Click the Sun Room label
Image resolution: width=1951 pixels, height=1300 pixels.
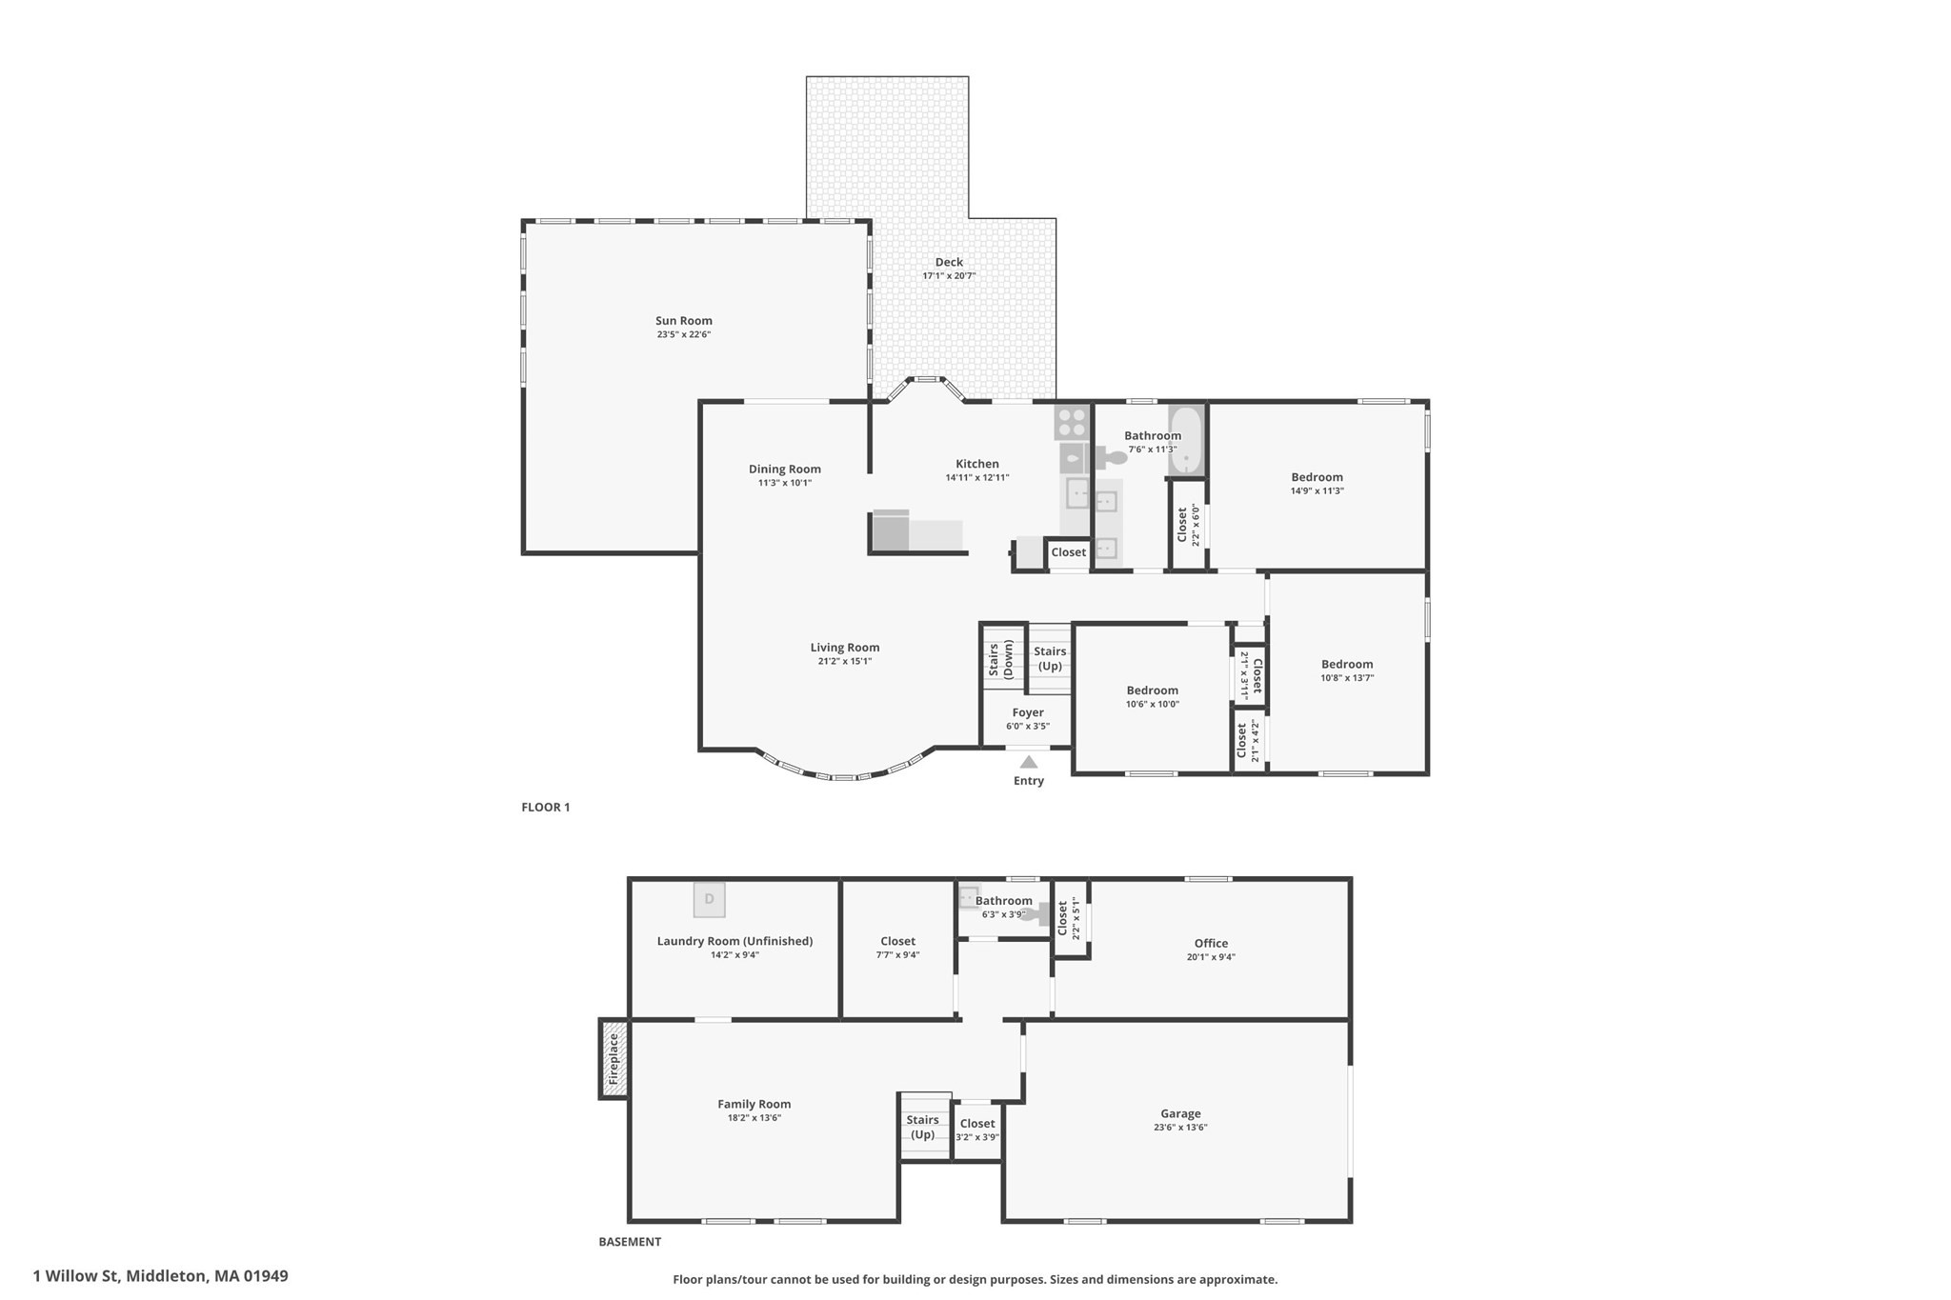(x=683, y=321)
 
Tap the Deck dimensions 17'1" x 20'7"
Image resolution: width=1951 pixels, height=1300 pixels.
(x=949, y=276)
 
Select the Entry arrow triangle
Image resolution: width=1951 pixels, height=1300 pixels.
(x=1029, y=762)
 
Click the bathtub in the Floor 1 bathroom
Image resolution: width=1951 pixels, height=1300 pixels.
(x=1186, y=440)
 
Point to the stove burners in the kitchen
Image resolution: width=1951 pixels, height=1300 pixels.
(x=1072, y=422)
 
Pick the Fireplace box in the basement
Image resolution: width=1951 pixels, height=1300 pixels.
(x=614, y=1058)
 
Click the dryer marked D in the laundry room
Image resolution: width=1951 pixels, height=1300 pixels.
(x=709, y=900)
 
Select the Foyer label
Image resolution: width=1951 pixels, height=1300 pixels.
(x=1028, y=712)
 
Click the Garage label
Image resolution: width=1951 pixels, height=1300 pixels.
(x=1180, y=1113)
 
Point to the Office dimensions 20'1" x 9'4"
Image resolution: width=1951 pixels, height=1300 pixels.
(x=1211, y=957)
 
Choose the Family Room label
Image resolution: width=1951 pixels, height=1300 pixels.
(x=754, y=1105)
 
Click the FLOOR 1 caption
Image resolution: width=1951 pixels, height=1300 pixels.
(x=546, y=808)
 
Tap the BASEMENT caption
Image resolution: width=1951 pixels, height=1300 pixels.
(x=630, y=1242)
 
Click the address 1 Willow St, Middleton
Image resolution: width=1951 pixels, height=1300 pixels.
(x=160, y=1276)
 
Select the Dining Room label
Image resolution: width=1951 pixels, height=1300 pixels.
(x=784, y=469)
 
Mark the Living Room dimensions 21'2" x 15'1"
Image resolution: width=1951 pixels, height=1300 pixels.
(x=844, y=661)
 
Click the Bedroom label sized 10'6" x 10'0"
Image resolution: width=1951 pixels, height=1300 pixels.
(x=1152, y=690)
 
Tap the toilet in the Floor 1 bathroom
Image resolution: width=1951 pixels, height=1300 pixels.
(x=1110, y=458)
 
